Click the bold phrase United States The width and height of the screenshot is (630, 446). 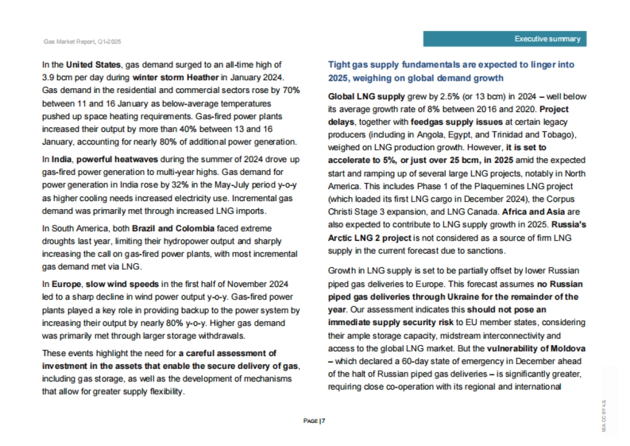[93, 65]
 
